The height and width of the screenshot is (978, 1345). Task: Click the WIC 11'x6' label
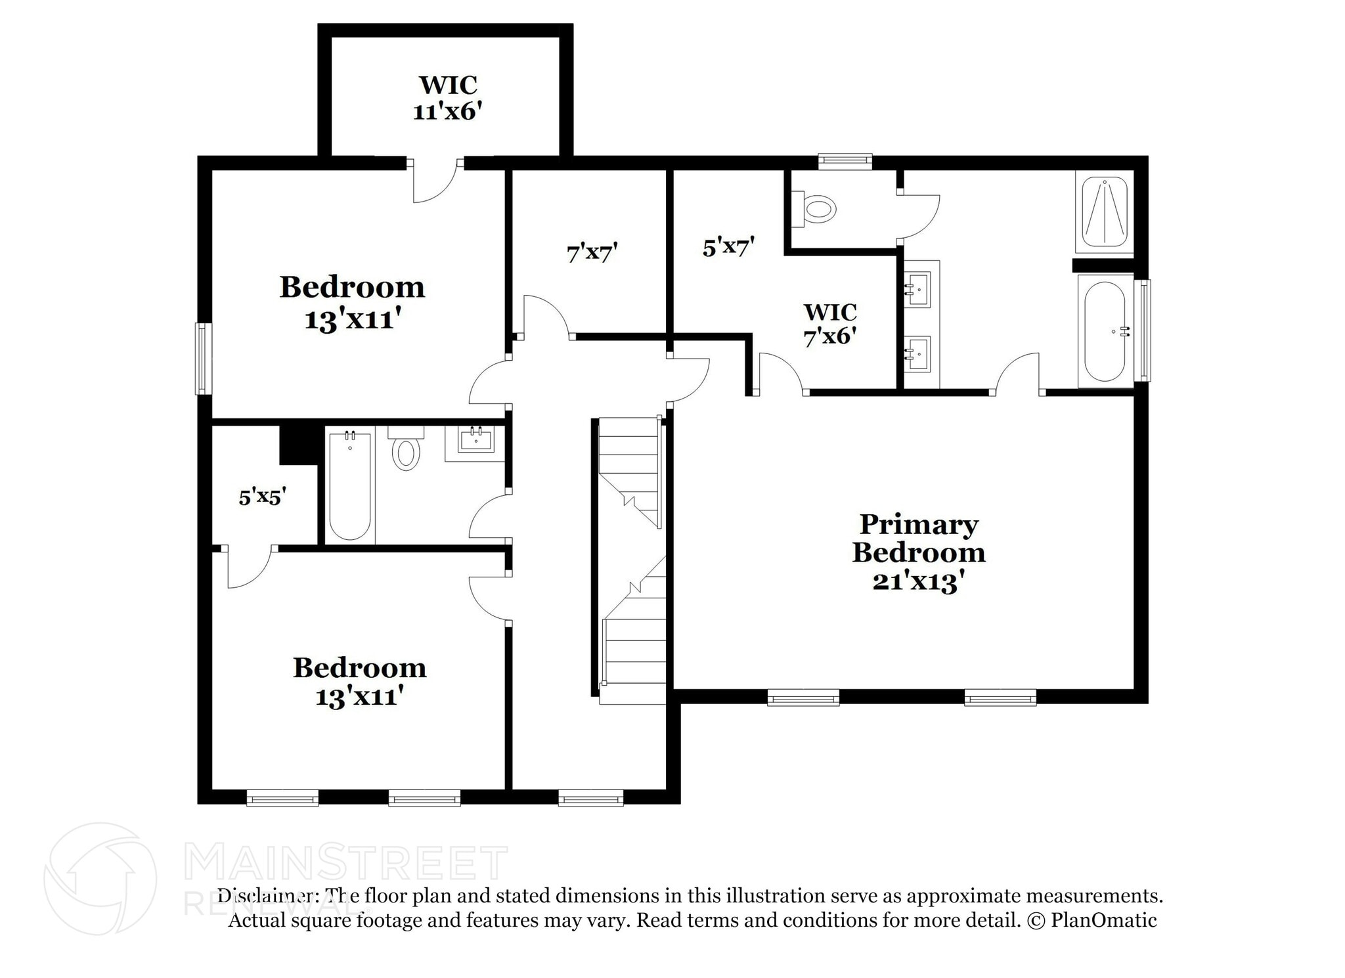click(x=448, y=99)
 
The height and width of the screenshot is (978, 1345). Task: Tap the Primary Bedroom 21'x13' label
click(x=919, y=553)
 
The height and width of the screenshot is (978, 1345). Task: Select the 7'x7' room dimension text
click(x=592, y=252)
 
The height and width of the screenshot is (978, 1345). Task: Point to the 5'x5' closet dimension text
click(x=262, y=497)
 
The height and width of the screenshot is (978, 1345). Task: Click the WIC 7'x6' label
click(x=830, y=324)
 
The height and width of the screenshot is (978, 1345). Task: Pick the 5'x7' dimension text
click(x=728, y=248)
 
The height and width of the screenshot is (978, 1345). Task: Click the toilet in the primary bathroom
click(x=816, y=208)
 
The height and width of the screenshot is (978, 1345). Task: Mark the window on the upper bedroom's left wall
click(x=204, y=358)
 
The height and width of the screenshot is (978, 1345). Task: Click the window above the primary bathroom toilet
click(x=845, y=160)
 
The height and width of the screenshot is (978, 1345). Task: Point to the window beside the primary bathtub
click(x=1143, y=330)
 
